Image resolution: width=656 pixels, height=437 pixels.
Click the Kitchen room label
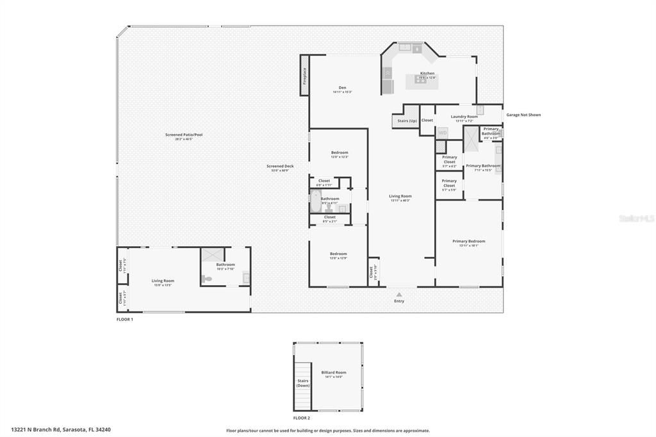427,73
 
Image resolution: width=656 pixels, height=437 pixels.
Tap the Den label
342,88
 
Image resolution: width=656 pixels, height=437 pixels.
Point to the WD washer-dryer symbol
442,133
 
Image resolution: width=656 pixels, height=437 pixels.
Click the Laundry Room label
464,117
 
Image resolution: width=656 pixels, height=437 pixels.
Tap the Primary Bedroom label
468,242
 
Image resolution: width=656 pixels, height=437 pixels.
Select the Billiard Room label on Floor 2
333,372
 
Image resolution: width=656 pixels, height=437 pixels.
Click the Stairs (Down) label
303,383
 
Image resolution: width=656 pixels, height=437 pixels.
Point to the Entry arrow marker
399,294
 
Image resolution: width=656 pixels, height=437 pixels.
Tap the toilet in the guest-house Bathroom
207,279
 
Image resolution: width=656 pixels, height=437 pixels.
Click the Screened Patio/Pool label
183,135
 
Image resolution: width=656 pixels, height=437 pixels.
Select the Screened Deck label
280,167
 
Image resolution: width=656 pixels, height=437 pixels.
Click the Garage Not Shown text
523,115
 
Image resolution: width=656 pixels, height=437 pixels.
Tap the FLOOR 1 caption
124,319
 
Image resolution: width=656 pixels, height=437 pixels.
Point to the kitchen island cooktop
421,80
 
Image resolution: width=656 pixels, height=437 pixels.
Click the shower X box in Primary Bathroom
471,138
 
